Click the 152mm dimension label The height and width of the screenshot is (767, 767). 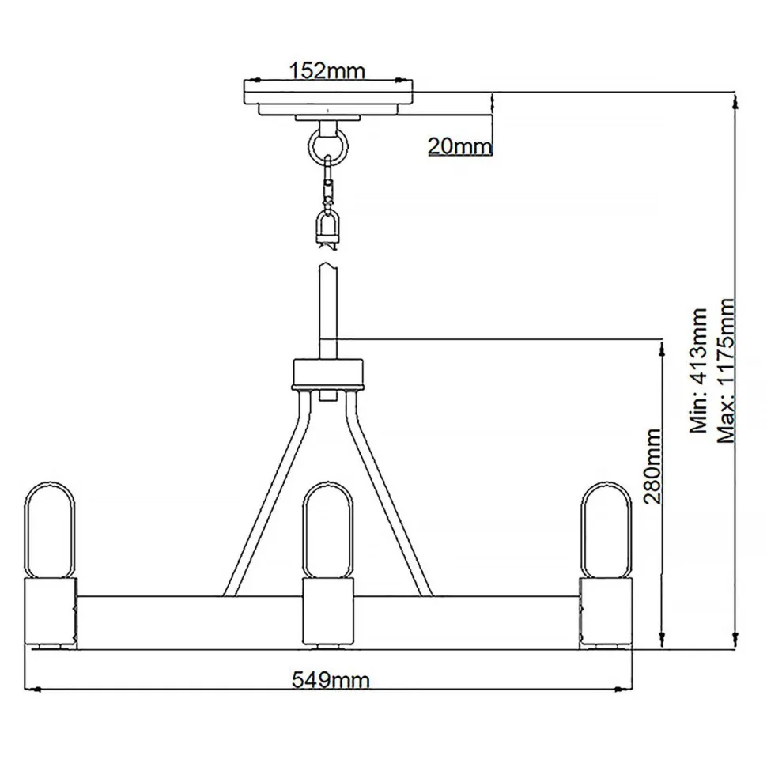[327, 70]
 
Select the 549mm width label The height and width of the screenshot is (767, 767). [331, 679]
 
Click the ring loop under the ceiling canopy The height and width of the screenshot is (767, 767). [327, 144]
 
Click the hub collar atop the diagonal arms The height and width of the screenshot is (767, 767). [327, 373]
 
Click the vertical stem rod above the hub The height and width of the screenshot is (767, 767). [327, 312]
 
